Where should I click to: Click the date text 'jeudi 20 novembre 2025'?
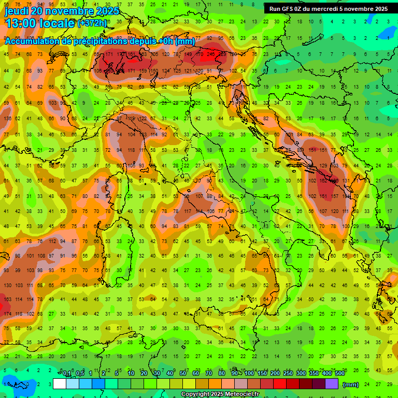point(62,11)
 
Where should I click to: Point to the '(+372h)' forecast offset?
point(93,23)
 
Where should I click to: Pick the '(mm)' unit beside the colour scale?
point(351,385)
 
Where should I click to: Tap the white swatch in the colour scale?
point(60,384)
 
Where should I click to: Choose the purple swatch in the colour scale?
point(332,384)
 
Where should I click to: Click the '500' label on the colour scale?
point(339,374)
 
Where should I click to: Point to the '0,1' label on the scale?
point(67,374)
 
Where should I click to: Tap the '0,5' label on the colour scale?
point(79,374)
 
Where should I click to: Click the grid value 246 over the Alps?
point(210,54)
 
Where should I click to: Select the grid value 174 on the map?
point(8,314)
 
